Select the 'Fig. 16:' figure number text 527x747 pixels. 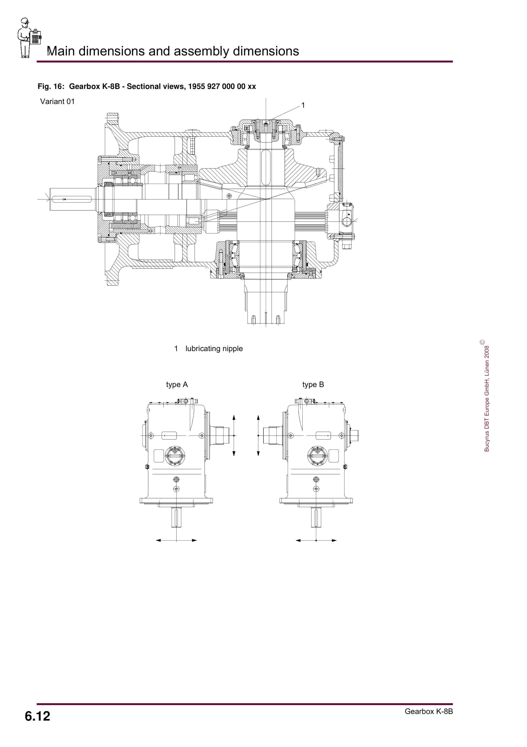tap(51, 86)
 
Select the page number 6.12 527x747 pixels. tap(37, 716)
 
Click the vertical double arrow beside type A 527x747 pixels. tap(234, 435)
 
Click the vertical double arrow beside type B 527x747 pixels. tap(258, 435)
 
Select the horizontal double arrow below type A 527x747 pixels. tap(176, 541)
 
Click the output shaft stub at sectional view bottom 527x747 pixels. tap(266, 303)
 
